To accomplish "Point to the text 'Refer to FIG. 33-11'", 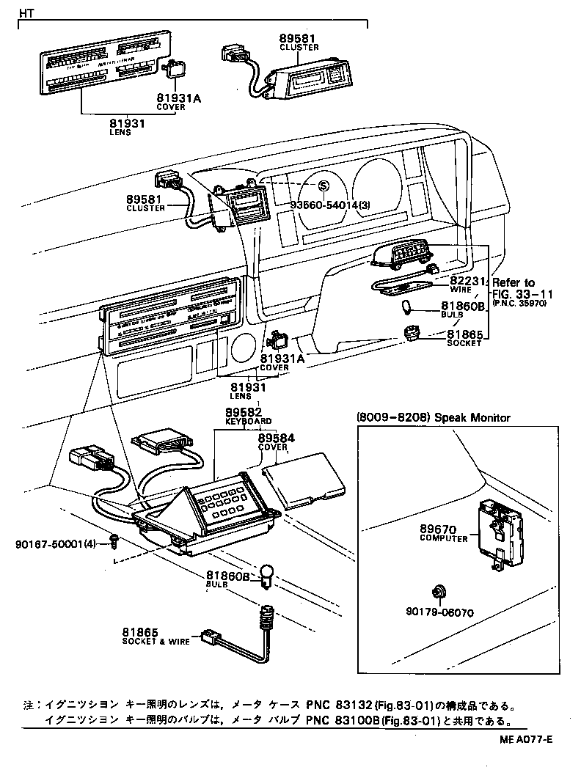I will click(522, 287).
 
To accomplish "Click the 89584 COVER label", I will click(276, 441).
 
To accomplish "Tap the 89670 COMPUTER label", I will click(443, 532).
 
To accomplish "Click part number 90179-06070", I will click(438, 611).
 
